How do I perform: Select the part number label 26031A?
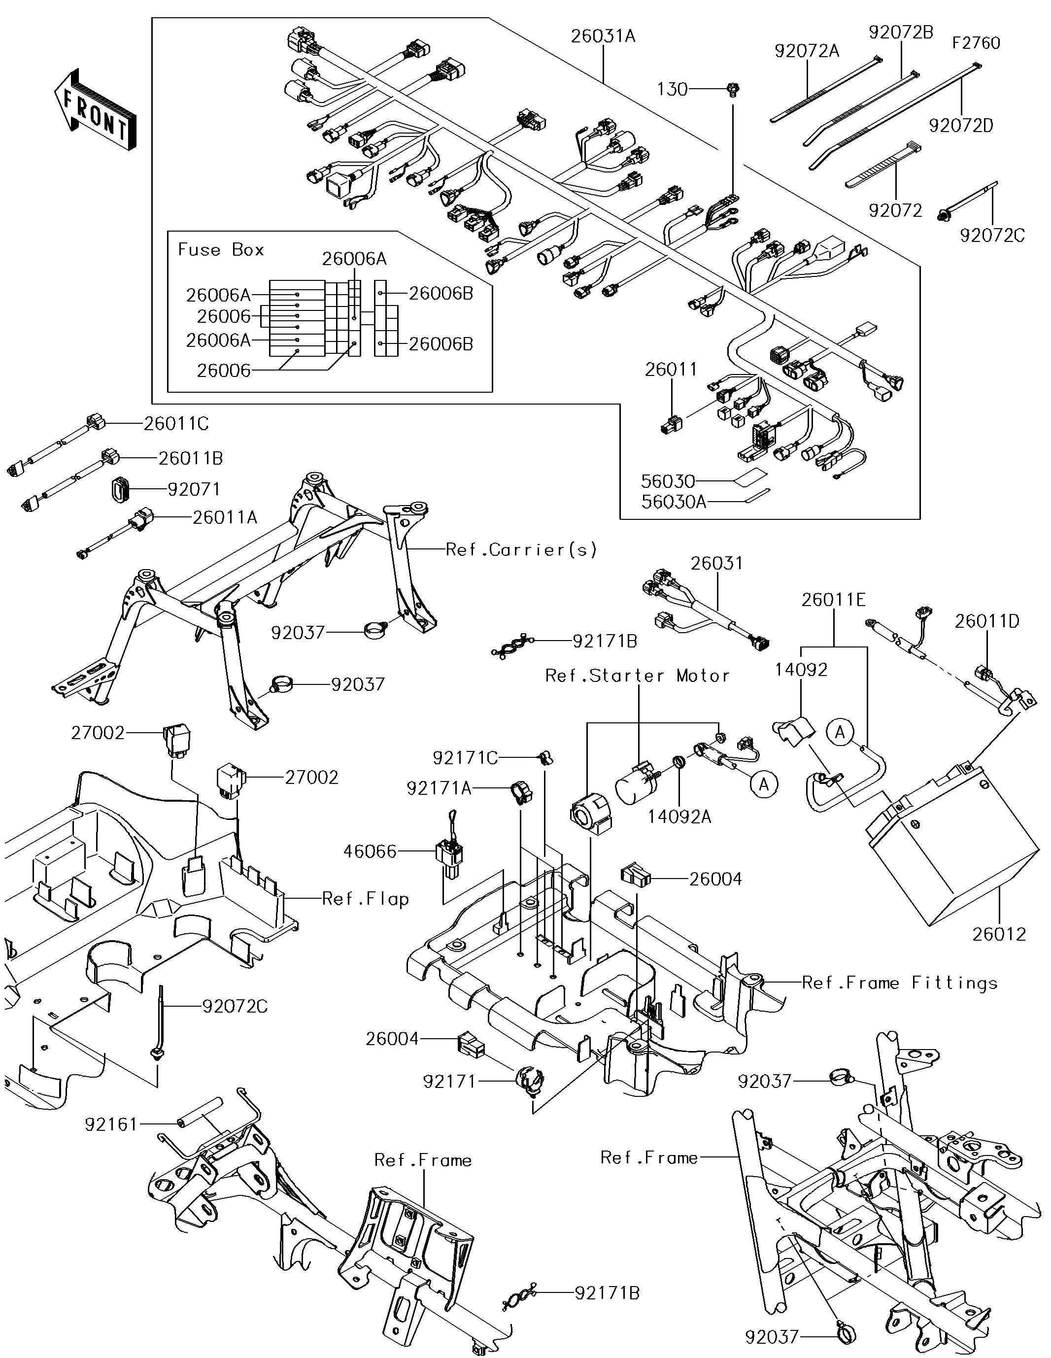tap(603, 36)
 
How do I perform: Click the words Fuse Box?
tap(221, 250)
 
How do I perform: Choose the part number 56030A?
tap(674, 502)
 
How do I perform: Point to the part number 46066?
tap(370, 851)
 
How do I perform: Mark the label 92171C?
tap(465, 757)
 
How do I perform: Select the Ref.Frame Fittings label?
tap(899, 983)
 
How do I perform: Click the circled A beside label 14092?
tap(840, 733)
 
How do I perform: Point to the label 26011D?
tap(987, 621)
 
